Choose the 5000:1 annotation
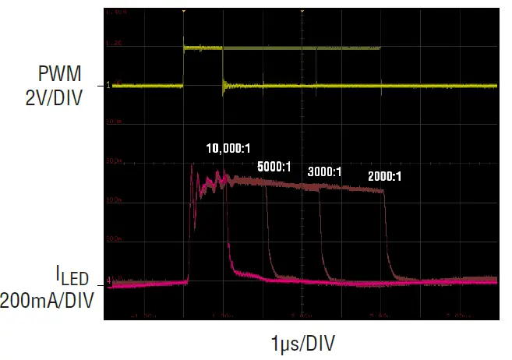[274, 166]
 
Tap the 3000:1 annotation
[324, 171]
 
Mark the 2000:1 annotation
[384, 177]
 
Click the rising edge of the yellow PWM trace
[183, 66]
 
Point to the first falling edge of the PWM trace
[223, 66]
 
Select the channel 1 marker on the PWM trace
[108, 86]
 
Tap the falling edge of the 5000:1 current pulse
[267, 234]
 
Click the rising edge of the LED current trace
[190, 226]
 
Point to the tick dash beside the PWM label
[101, 86]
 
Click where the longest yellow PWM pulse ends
[380, 48]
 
